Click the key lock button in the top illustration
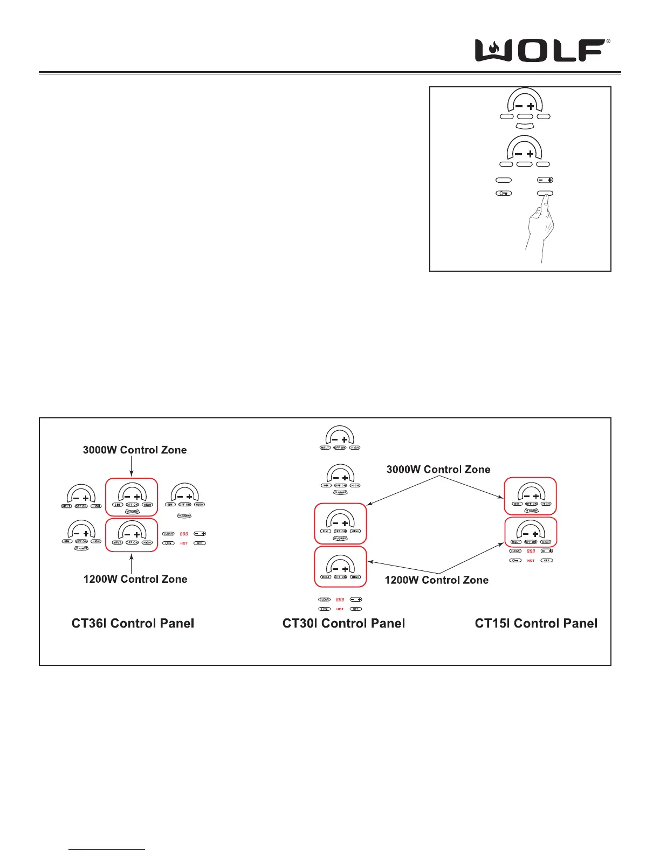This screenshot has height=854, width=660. (x=504, y=193)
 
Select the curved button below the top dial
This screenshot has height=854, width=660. (x=525, y=126)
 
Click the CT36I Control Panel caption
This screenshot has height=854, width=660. (x=133, y=623)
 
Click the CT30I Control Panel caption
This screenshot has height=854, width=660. (x=343, y=623)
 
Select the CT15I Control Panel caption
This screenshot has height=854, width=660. (x=536, y=623)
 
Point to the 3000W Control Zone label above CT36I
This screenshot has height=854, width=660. (x=135, y=450)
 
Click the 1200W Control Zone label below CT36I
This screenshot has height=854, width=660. (x=135, y=579)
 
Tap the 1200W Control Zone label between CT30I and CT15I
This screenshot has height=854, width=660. (x=437, y=580)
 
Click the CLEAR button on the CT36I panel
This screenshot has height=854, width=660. (x=168, y=534)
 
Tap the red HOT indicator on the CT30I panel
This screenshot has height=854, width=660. (x=340, y=609)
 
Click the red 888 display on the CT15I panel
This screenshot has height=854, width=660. (x=531, y=551)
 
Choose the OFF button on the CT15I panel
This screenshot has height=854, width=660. (x=547, y=561)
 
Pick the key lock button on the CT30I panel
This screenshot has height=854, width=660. (x=324, y=609)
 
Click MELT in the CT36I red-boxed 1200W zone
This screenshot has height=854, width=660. (x=117, y=542)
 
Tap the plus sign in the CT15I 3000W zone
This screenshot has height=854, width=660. (x=535, y=496)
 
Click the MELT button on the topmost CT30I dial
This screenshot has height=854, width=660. (x=325, y=447)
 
